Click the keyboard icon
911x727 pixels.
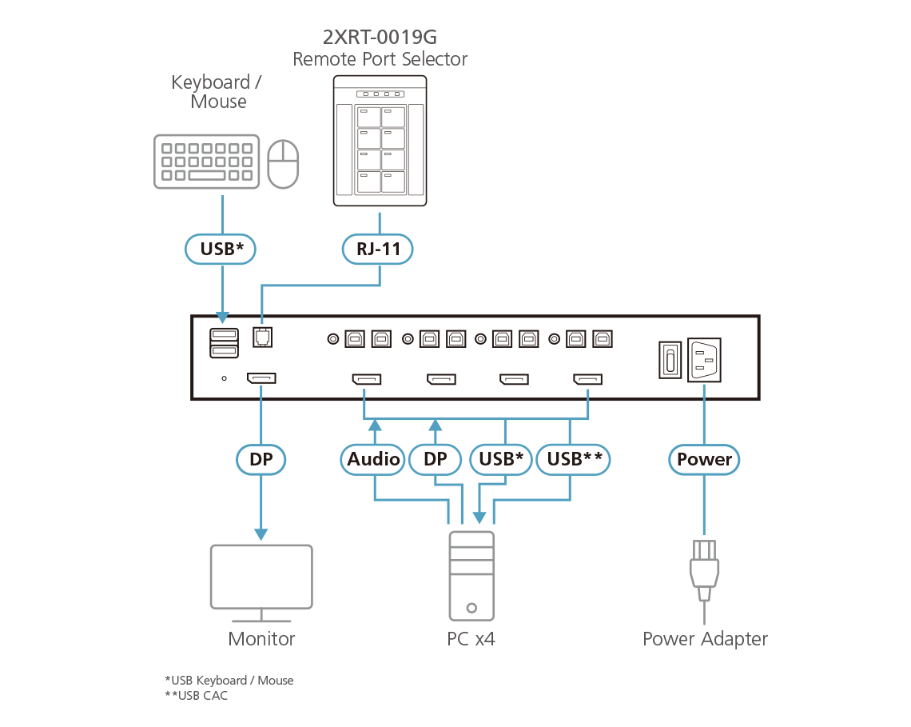(206, 162)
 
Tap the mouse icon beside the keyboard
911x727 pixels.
(283, 164)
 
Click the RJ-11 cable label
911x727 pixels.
(380, 250)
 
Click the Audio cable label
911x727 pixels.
(373, 459)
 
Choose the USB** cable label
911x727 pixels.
(574, 459)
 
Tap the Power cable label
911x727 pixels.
(704, 459)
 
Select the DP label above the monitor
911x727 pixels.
(261, 459)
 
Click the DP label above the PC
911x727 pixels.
(435, 459)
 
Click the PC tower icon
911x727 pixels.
(471, 575)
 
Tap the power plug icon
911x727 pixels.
(704, 569)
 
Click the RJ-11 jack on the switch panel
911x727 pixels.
(261, 338)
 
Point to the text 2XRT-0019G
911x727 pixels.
(380, 38)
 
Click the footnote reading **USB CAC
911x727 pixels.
(197, 695)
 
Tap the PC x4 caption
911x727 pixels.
(471, 639)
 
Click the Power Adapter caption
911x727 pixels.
(705, 639)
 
